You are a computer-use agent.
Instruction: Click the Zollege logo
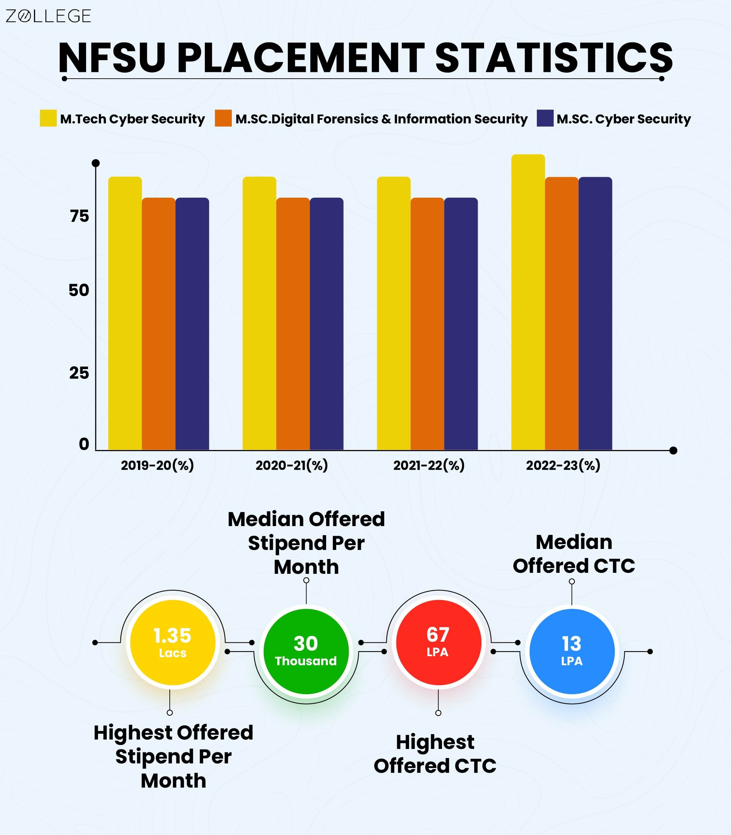(48, 16)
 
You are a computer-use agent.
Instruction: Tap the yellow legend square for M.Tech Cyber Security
(48, 118)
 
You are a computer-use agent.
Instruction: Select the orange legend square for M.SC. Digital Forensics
(223, 118)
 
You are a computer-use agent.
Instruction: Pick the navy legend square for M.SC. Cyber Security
(545, 118)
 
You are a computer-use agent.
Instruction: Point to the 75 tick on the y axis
(79, 216)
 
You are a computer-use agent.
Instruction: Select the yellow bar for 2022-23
(528, 302)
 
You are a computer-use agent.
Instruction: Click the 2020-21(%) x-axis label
(292, 465)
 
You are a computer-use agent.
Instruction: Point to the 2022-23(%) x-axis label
(563, 465)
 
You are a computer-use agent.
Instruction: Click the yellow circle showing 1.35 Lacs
(173, 642)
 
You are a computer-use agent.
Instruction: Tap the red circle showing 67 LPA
(438, 642)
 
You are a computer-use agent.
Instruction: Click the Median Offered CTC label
(573, 554)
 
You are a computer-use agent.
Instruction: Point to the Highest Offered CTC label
(435, 753)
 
